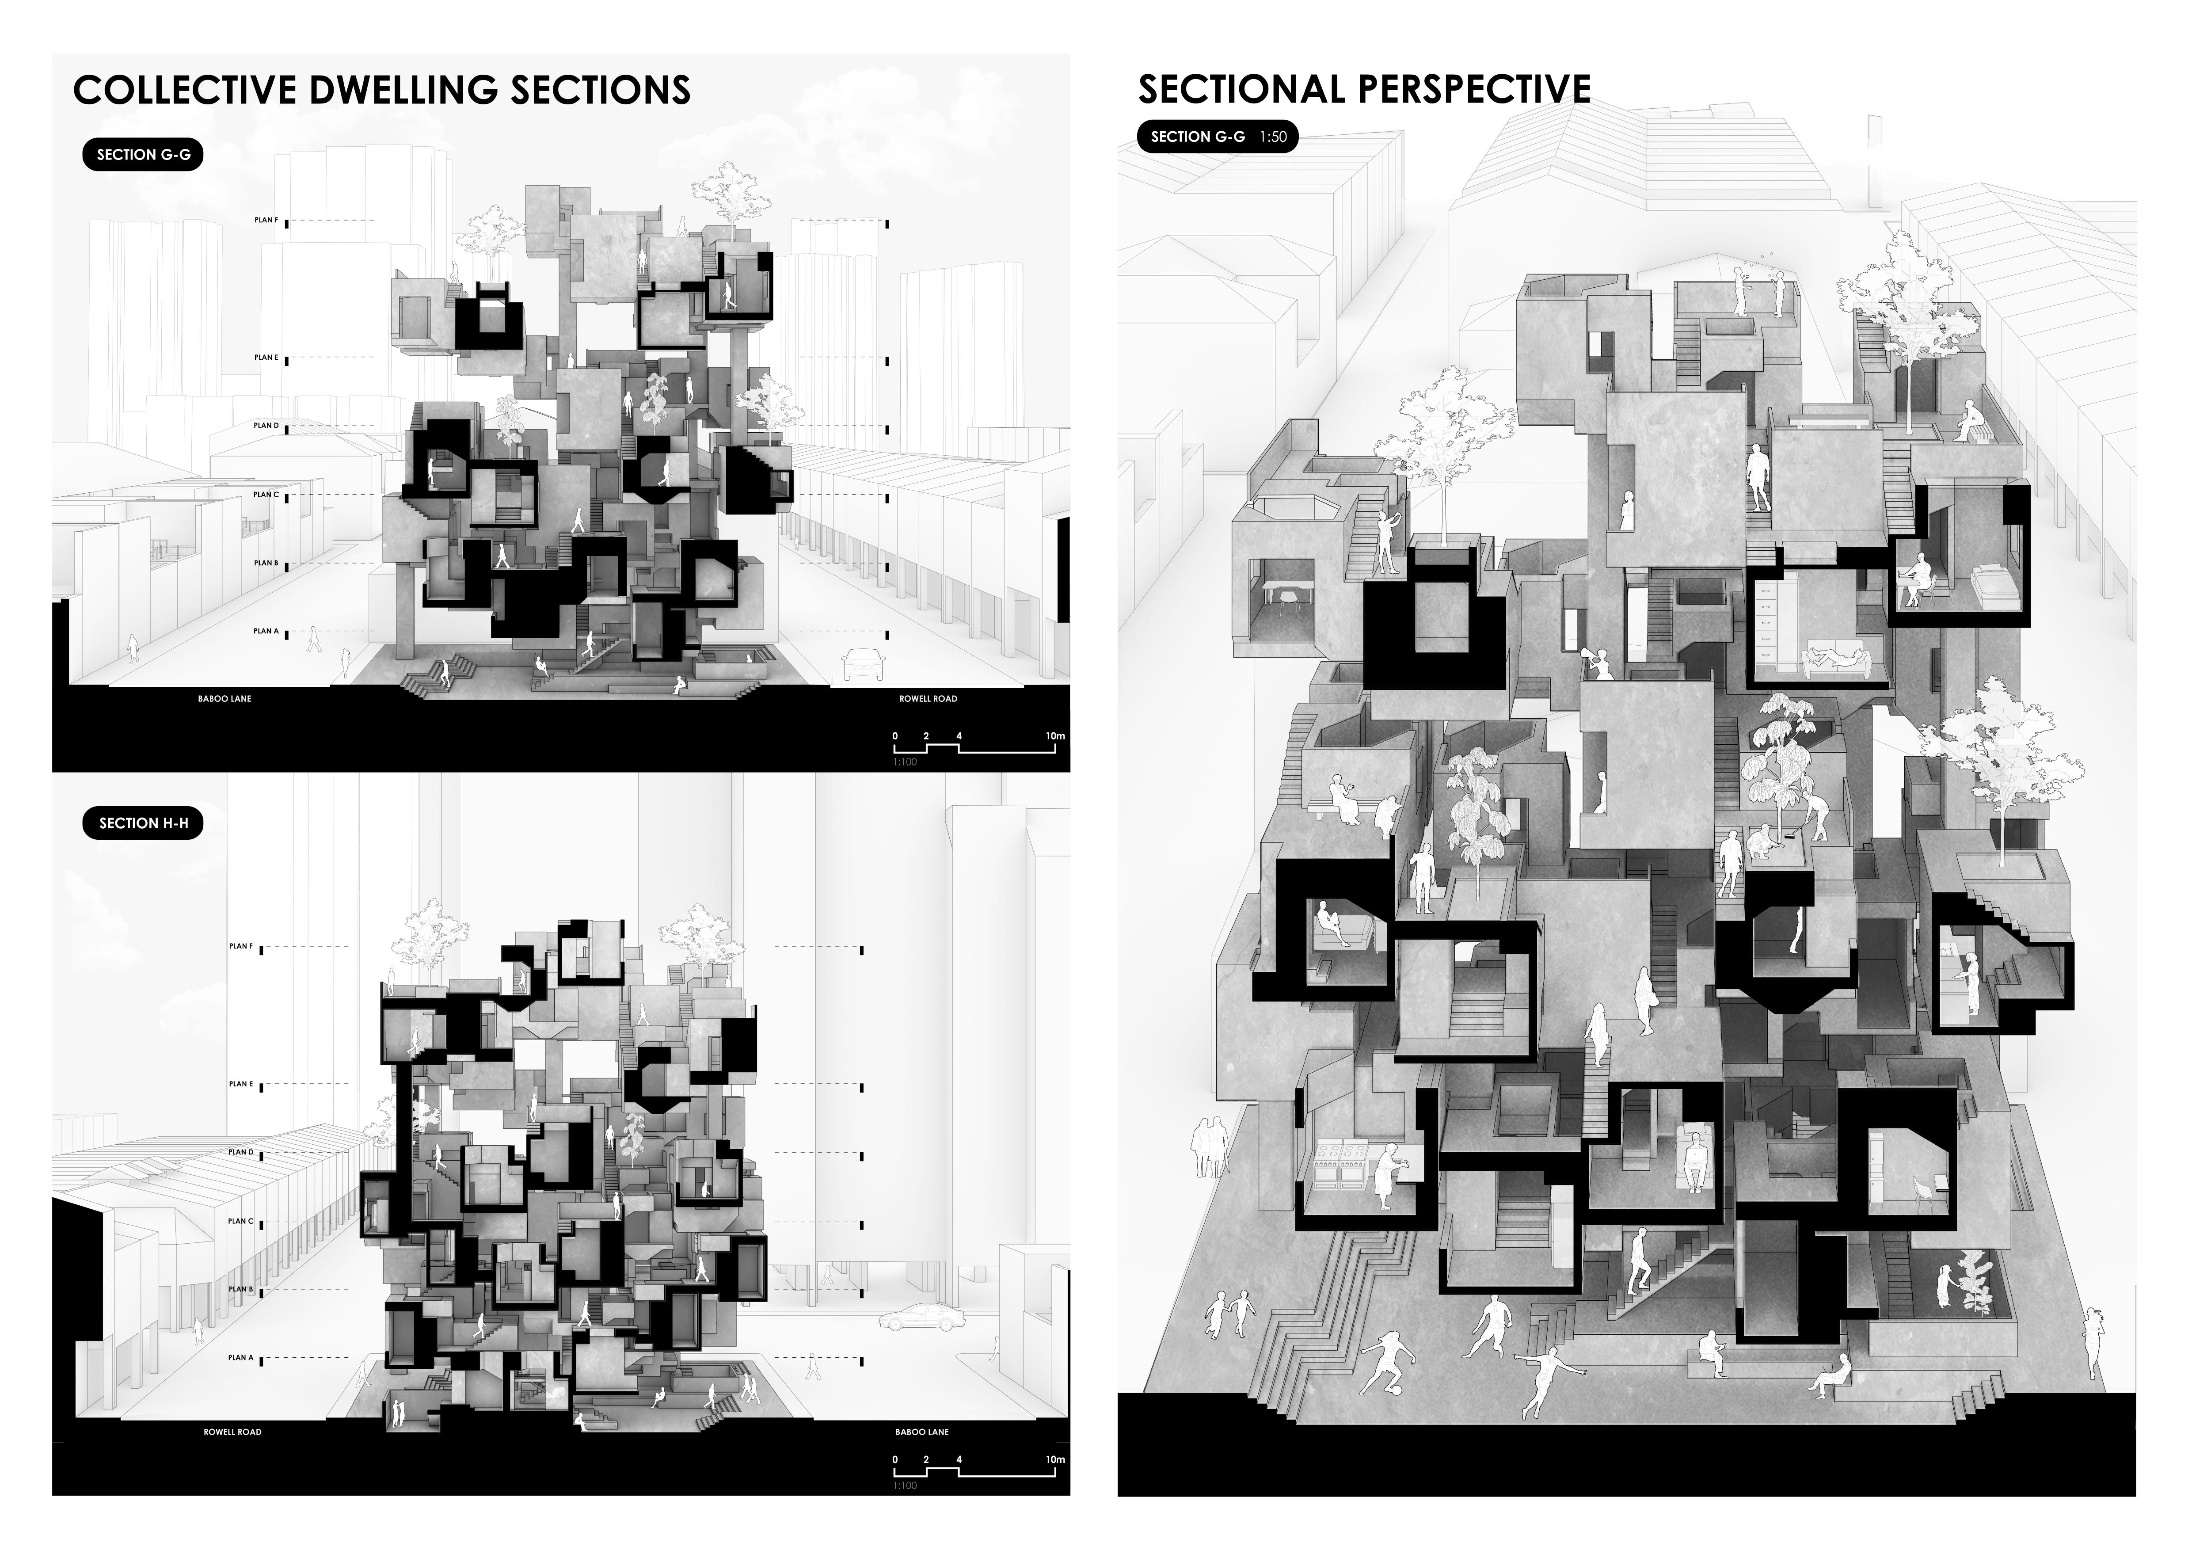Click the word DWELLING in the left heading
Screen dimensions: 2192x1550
coord(404,90)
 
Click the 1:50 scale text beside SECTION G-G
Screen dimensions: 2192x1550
coord(1273,137)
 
